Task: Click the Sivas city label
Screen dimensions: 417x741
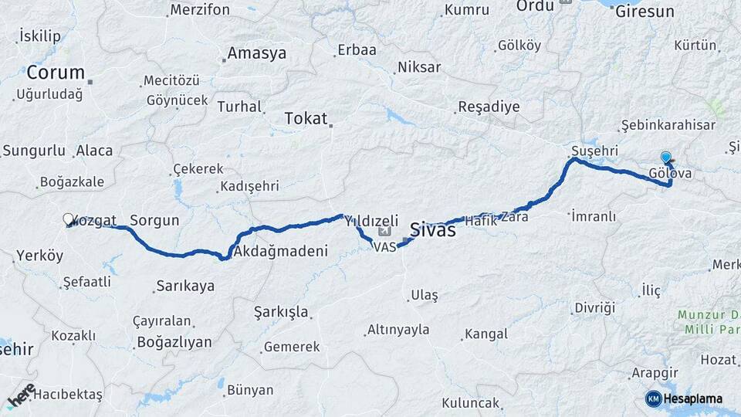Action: pos(432,229)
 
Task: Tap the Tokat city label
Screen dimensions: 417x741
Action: pos(306,118)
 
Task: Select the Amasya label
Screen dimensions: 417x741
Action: pos(256,53)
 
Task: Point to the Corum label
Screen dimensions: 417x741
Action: pos(56,73)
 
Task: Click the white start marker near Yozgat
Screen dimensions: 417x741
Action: pos(68,220)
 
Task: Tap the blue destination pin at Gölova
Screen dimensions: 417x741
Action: pos(666,158)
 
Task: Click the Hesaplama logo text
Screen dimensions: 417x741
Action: pos(692,398)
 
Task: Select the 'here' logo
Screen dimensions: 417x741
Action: pos(21,395)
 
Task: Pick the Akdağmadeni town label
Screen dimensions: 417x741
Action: pos(280,251)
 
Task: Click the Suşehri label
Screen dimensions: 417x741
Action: pos(595,149)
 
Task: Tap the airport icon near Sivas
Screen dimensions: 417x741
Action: pos(386,231)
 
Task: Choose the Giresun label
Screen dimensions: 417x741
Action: pos(645,12)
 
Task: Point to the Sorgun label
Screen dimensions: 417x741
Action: pos(154,220)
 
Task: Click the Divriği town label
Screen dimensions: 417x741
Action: pos(594,308)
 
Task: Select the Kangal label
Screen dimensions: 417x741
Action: pos(485,334)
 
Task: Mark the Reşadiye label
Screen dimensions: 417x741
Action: pos(489,107)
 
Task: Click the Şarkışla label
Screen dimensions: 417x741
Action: pos(282,312)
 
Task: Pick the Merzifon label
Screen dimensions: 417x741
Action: pos(200,10)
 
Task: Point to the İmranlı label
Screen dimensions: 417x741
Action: pos(594,216)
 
